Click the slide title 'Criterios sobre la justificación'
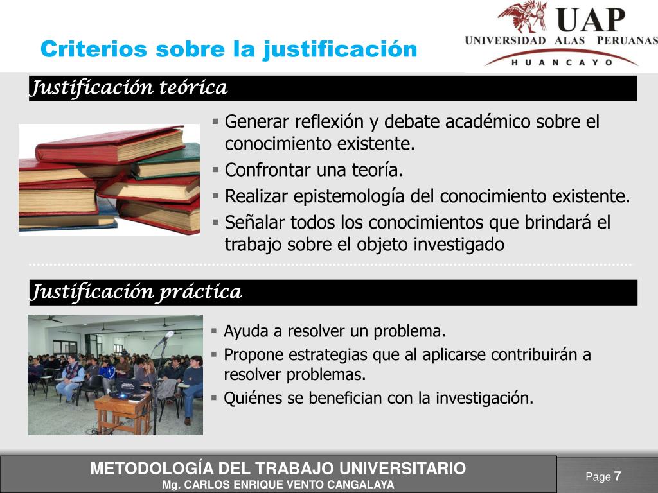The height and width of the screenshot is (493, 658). (229, 49)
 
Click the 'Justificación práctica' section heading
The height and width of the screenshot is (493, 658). (137, 293)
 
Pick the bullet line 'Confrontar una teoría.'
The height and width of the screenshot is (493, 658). (314, 170)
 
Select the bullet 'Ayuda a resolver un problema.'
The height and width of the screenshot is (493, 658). (334, 332)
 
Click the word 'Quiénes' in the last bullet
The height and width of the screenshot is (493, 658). (253, 399)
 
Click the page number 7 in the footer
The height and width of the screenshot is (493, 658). (618, 476)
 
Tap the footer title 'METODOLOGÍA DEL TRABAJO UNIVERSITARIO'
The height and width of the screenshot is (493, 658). (278, 469)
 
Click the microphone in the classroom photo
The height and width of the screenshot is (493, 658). (166, 336)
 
